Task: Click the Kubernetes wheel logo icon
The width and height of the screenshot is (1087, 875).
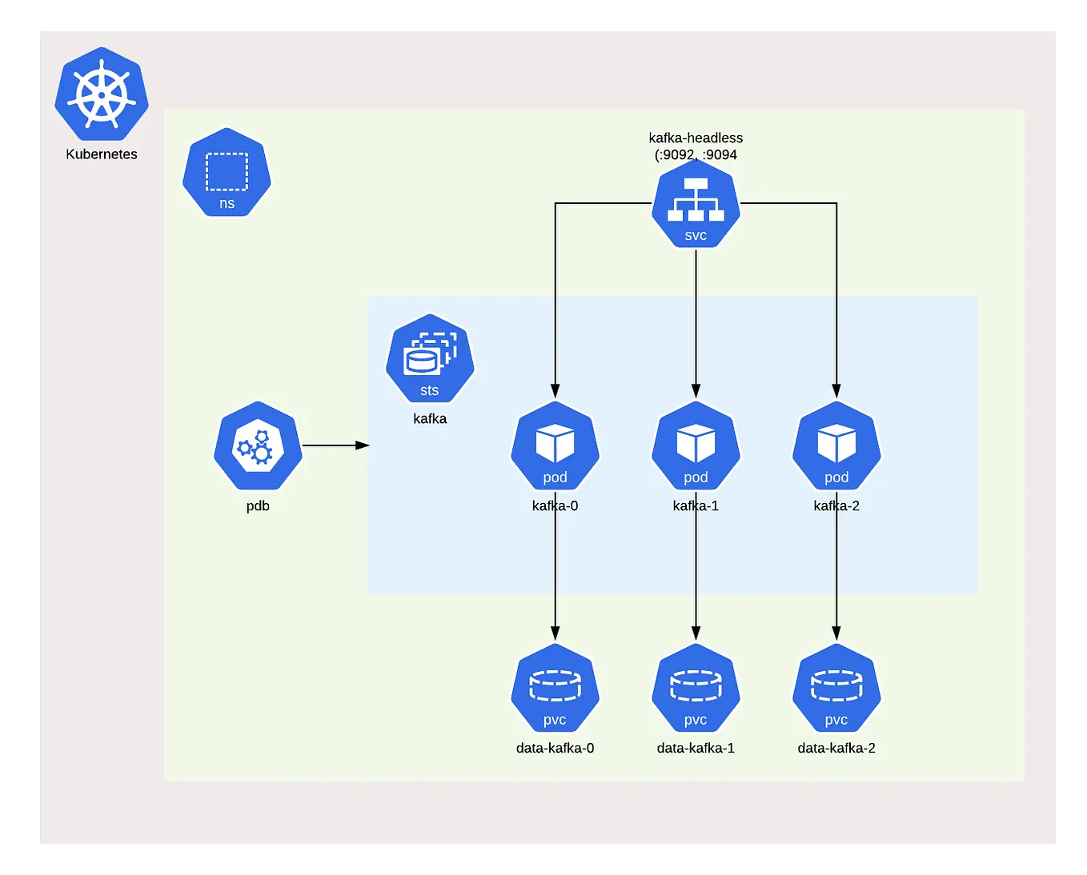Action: tap(102, 94)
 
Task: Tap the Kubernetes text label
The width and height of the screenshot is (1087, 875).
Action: tap(102, 154)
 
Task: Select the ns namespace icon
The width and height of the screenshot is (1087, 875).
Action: tap(227, 173)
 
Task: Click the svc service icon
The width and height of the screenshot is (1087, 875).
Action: tap(696, 204)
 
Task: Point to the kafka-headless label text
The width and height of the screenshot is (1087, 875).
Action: tap(696, 138)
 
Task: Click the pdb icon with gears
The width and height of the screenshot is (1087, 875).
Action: tap(258, 446)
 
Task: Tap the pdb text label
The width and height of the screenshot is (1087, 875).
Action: tap(258, 505)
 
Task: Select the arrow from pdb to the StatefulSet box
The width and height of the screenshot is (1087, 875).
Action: tap(335, 445)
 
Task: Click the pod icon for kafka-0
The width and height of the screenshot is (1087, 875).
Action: tap(555, 446)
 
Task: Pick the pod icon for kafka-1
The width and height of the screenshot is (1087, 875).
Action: tap(696, 446)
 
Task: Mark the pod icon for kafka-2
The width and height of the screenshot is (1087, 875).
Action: tap(836, 446)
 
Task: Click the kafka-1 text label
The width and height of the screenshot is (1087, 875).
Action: tap(696, 505)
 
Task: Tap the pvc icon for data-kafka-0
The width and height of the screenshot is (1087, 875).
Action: tap(555, 689)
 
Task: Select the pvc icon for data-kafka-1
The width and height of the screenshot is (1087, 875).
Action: tap(696, 689)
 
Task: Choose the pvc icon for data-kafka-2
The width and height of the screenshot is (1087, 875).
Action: tap(836, 689)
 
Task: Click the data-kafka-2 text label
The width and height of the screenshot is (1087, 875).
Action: tap(836, 748)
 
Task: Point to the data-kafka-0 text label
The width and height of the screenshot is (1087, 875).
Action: tap(555, 748)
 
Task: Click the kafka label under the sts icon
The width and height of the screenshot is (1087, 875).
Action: tap(430, 418)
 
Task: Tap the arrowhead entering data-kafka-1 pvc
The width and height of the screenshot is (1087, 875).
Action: tap(696, 633)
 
